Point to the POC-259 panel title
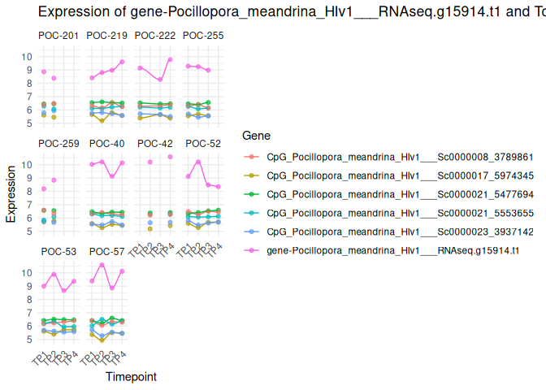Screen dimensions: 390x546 tap(58, 144)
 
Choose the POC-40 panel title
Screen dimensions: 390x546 tap(106, 144)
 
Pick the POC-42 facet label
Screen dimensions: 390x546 tap(155, 144)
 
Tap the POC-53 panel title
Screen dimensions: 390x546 tap(58, 252)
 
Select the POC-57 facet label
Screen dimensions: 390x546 tap(106, 252)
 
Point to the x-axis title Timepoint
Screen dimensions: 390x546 tap(131, 377)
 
